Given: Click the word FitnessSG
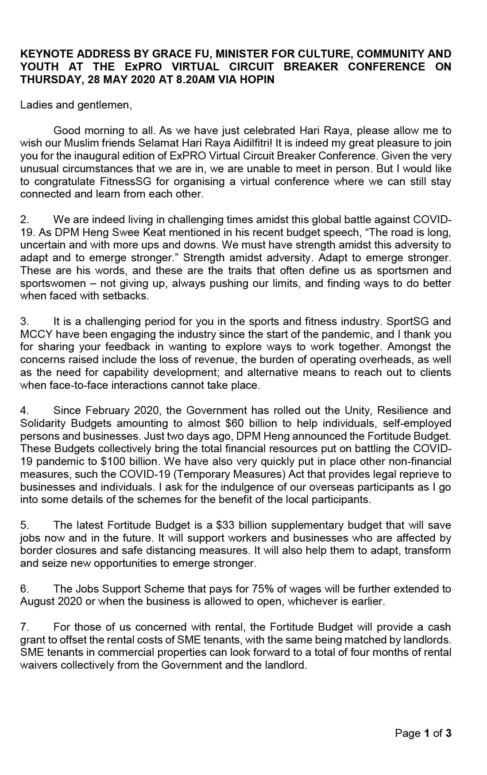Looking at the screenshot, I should click(x=122, y=181).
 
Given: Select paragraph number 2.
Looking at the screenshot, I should click(x=24, y=220).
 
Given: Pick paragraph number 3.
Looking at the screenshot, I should click(x=24, y=322).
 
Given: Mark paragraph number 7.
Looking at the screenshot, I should click(x=24, y=627).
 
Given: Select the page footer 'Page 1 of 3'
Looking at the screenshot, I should click(x=423, y=733).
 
